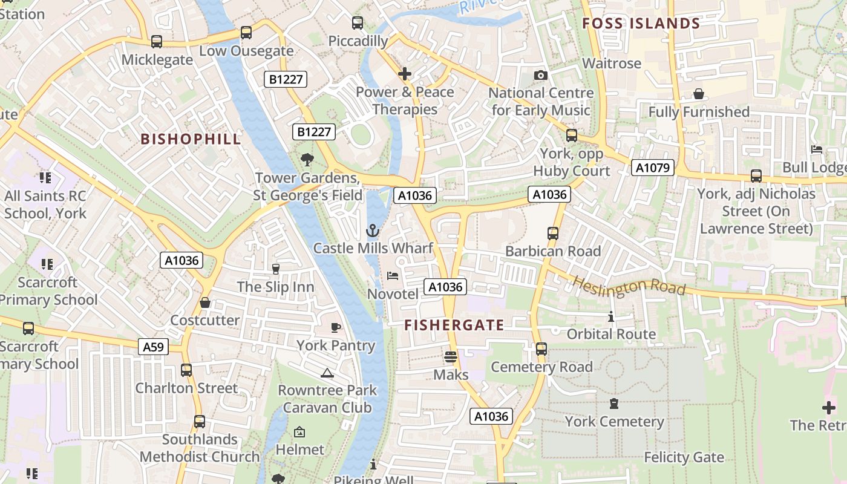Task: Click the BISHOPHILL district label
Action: (191, 139)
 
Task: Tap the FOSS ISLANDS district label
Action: (641, 24)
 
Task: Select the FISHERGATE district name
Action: (454, 325)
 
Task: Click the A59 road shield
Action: (153, 347)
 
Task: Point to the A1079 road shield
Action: (653, 168)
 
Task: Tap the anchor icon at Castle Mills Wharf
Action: (373, 231)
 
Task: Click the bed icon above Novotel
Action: (393, 276)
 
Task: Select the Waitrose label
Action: (611, 64)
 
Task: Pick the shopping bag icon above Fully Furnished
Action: (699, 94)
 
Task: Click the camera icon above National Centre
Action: (541, 76)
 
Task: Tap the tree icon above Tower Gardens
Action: (307, 160)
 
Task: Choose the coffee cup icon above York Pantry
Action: (336, 327)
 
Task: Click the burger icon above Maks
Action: (451, 356)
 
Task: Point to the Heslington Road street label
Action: (629, 286)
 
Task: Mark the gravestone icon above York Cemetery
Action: (614, 404)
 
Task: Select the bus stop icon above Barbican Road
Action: (552, 233)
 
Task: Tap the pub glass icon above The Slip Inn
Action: (276, 269)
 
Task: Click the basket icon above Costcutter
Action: (205, 302)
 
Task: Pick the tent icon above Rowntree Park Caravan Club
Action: (327, 373)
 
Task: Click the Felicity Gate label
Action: (684, 457)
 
